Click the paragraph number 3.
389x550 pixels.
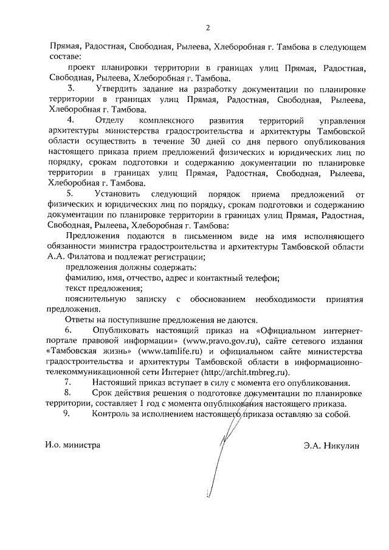(x=70, y=89)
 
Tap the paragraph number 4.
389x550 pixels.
(x=70, y=120)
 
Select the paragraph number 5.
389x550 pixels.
(x=70, y=194)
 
